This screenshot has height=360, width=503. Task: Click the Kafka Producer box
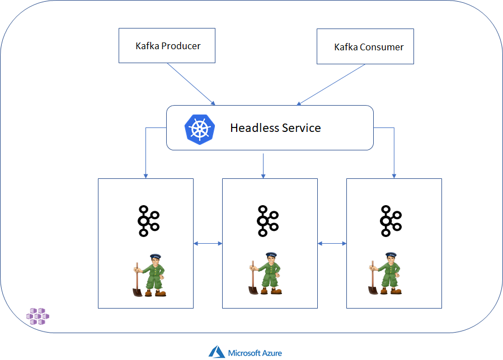(167, 46)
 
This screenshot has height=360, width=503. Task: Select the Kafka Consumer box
(365, 46)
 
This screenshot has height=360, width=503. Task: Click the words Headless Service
(275, 128)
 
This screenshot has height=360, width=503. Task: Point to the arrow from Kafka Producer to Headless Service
(191, 83)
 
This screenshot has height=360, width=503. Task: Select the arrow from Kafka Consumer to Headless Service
(331, 84)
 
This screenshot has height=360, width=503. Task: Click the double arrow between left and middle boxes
(208, 243)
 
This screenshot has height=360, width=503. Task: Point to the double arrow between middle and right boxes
(332, 243)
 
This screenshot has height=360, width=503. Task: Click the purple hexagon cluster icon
(37, 316)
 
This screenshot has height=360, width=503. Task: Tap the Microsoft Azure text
(255, 353)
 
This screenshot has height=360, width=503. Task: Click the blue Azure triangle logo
(217, 352)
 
